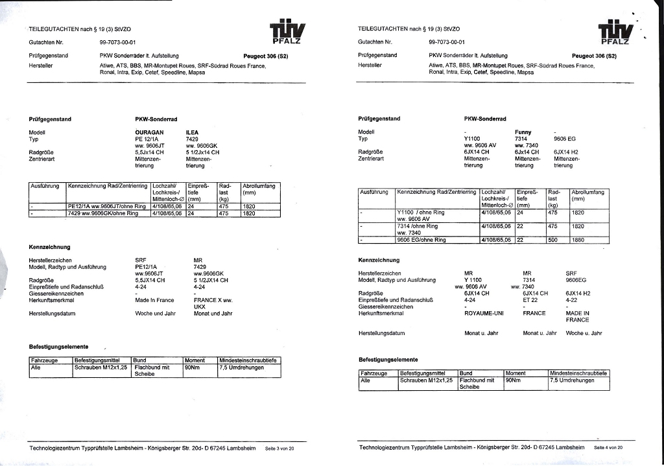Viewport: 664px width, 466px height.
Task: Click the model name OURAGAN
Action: (148, 132)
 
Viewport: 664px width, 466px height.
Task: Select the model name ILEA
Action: (192, 132)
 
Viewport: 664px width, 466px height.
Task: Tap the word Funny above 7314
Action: (523, 132)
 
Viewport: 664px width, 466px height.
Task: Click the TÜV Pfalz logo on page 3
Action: (287, 32)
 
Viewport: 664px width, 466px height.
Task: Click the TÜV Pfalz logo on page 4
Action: (615, 32)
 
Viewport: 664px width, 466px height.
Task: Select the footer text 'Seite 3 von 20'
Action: (279, 449)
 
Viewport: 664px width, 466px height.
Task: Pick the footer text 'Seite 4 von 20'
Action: (608, 448)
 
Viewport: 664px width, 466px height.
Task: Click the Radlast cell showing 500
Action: (553, 240)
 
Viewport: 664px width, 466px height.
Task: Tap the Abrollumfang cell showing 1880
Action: (578, 240)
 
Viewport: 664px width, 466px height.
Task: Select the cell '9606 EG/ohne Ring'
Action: (421, 240)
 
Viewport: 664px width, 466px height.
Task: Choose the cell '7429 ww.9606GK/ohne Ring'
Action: (102, 213)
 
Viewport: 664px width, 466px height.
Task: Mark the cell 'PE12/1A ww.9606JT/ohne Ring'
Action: (108, 206)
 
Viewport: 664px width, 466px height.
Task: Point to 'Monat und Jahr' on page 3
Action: (213, 314)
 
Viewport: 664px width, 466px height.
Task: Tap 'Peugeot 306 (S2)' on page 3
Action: (265, 56)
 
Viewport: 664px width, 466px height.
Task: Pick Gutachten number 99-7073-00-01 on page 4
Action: (447, 41)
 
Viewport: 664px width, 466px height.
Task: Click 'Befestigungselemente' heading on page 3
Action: (58, 347)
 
